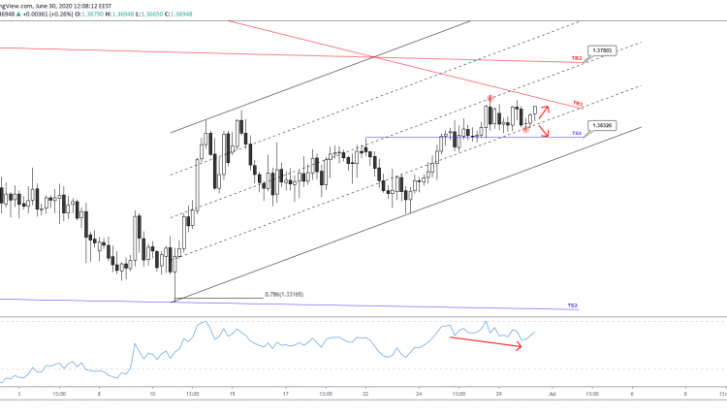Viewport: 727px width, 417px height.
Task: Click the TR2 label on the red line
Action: (575, 60)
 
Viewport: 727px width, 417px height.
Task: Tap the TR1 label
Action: (577, 102)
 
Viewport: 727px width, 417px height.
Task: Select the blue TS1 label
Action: (575, 132)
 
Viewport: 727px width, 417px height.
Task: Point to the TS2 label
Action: (573, 305)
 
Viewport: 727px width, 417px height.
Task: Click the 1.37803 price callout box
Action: (600, 48)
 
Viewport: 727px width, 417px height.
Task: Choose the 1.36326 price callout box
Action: (600, 125)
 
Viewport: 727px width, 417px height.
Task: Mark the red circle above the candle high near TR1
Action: (490, 98)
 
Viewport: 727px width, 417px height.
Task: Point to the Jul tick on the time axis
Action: (552, 395)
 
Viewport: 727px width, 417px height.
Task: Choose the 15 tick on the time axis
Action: (234, 395)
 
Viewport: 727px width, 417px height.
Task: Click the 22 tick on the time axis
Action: (365, 395)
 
